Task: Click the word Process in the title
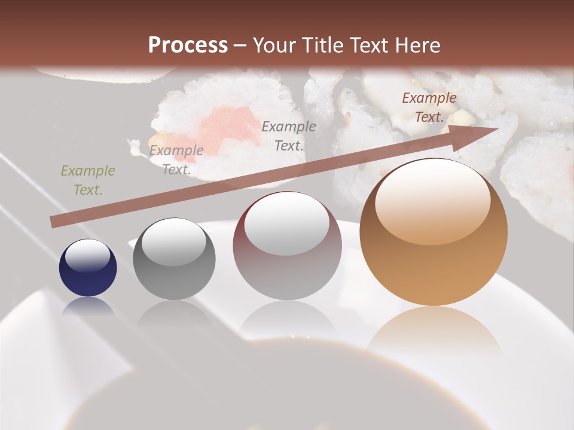pyautogui.click(x=188, y=45)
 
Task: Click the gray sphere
pyautogui.click(x=174, y=259)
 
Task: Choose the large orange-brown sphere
pyautogui.click(x=433, y=233)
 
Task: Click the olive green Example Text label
pyautogui.click(x=88, y=180)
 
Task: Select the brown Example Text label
pyautogui.click(x=429, y=107)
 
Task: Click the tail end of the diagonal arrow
pyautogui.click(x=54, y=222)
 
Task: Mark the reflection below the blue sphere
pyautogui.click(x=88, y=306)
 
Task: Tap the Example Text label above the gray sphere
pyautogui.click(x=176, y=160)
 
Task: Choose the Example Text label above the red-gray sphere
pyautogui.click(x=289, y=136)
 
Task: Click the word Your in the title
pyautogui.click(x=274, y=45)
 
